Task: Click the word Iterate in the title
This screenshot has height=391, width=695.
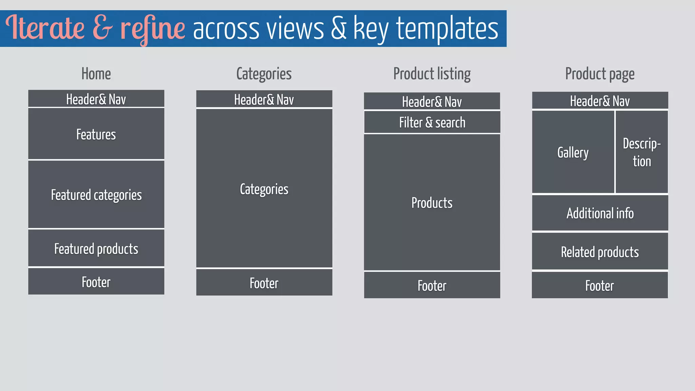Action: pos(45,28)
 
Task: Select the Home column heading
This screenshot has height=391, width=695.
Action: pos(96,74)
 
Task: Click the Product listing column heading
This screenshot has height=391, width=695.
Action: pos(432,74)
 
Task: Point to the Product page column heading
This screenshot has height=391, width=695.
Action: pos(600,74)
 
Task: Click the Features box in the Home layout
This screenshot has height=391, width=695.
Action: pos(96,134)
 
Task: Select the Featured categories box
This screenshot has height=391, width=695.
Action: pos(96,194)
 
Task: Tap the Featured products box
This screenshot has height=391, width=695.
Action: pos(96,248)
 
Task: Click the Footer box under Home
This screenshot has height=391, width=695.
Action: pos(96,282)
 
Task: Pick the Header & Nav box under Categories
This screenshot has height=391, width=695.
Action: pos(264,99)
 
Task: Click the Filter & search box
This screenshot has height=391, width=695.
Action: pos(432,123)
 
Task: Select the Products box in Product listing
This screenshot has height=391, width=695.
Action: pos(432,203)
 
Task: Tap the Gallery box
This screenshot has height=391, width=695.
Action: pos(573,152)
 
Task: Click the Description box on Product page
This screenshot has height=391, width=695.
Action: pos(642,152)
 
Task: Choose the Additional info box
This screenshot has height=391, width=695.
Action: pos(600,213)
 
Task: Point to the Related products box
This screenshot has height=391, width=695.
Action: pos(600,252)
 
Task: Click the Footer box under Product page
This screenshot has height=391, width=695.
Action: pos(600,285)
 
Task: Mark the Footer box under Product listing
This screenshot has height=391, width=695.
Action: pos(432,285)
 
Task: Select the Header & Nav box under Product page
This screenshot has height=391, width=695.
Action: pos(600,101)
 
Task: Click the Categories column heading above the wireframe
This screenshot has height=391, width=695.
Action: pos(264,74)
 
